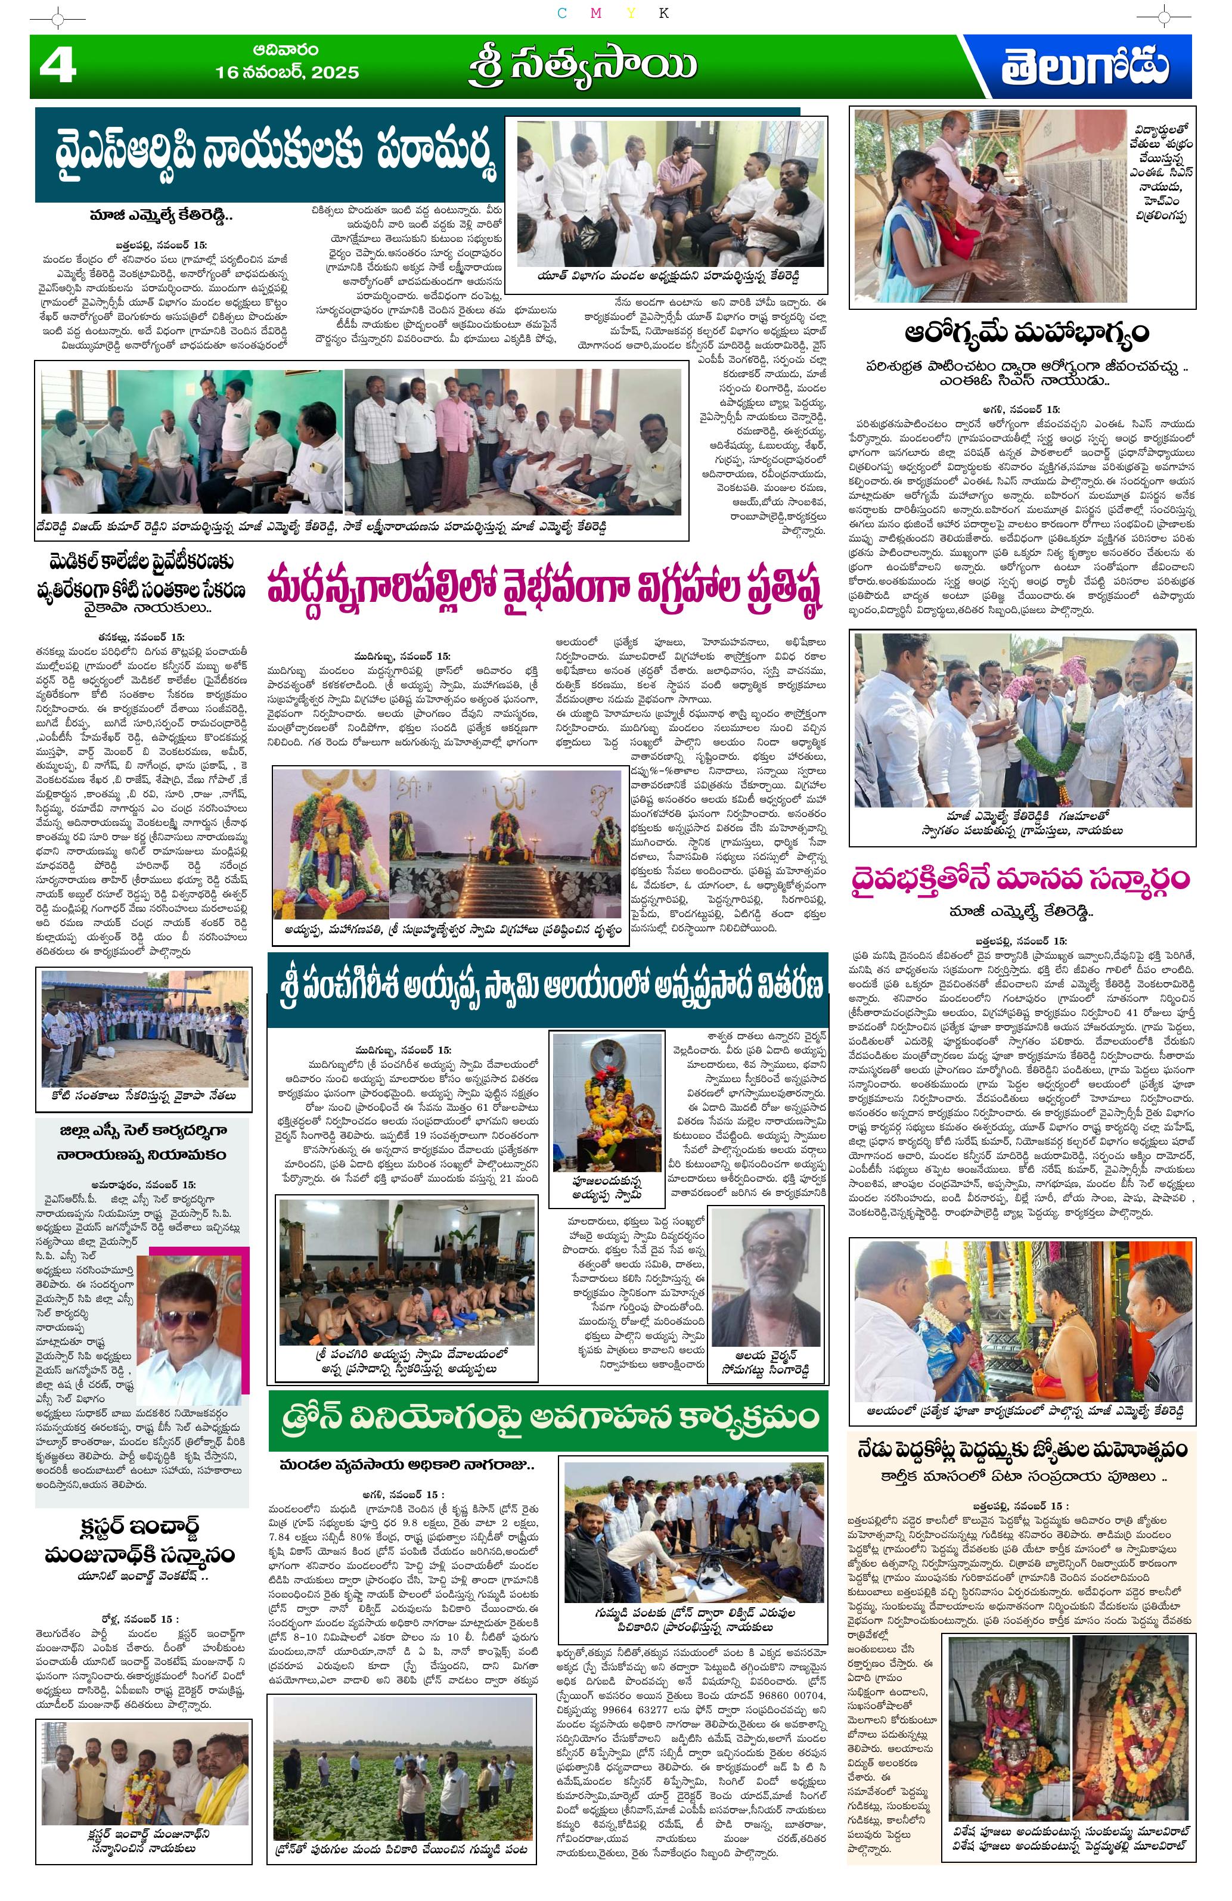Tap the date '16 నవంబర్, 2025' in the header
tap(287, 72)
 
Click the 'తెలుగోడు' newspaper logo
tap(1084, 67)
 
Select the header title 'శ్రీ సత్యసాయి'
tap(582, 68)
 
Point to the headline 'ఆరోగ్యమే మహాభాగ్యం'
tap(1026, 331)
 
